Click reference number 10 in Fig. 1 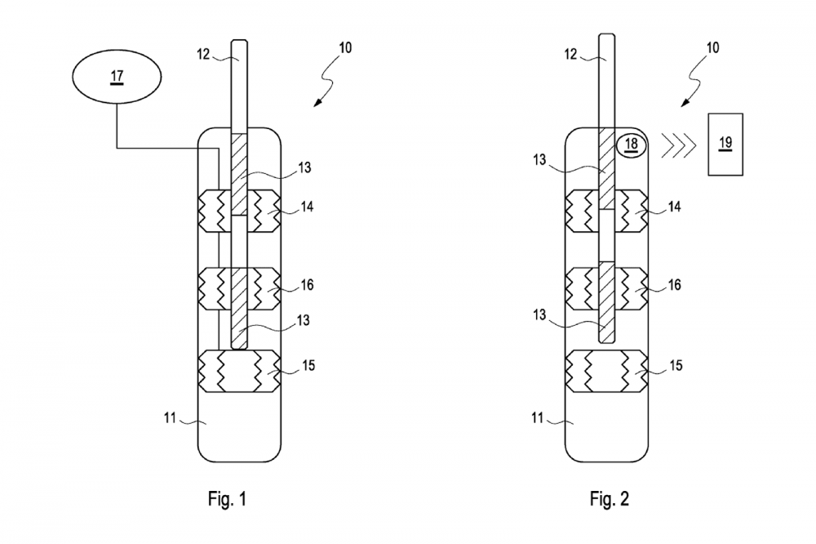[345, 48]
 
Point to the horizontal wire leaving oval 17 [167, 149]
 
